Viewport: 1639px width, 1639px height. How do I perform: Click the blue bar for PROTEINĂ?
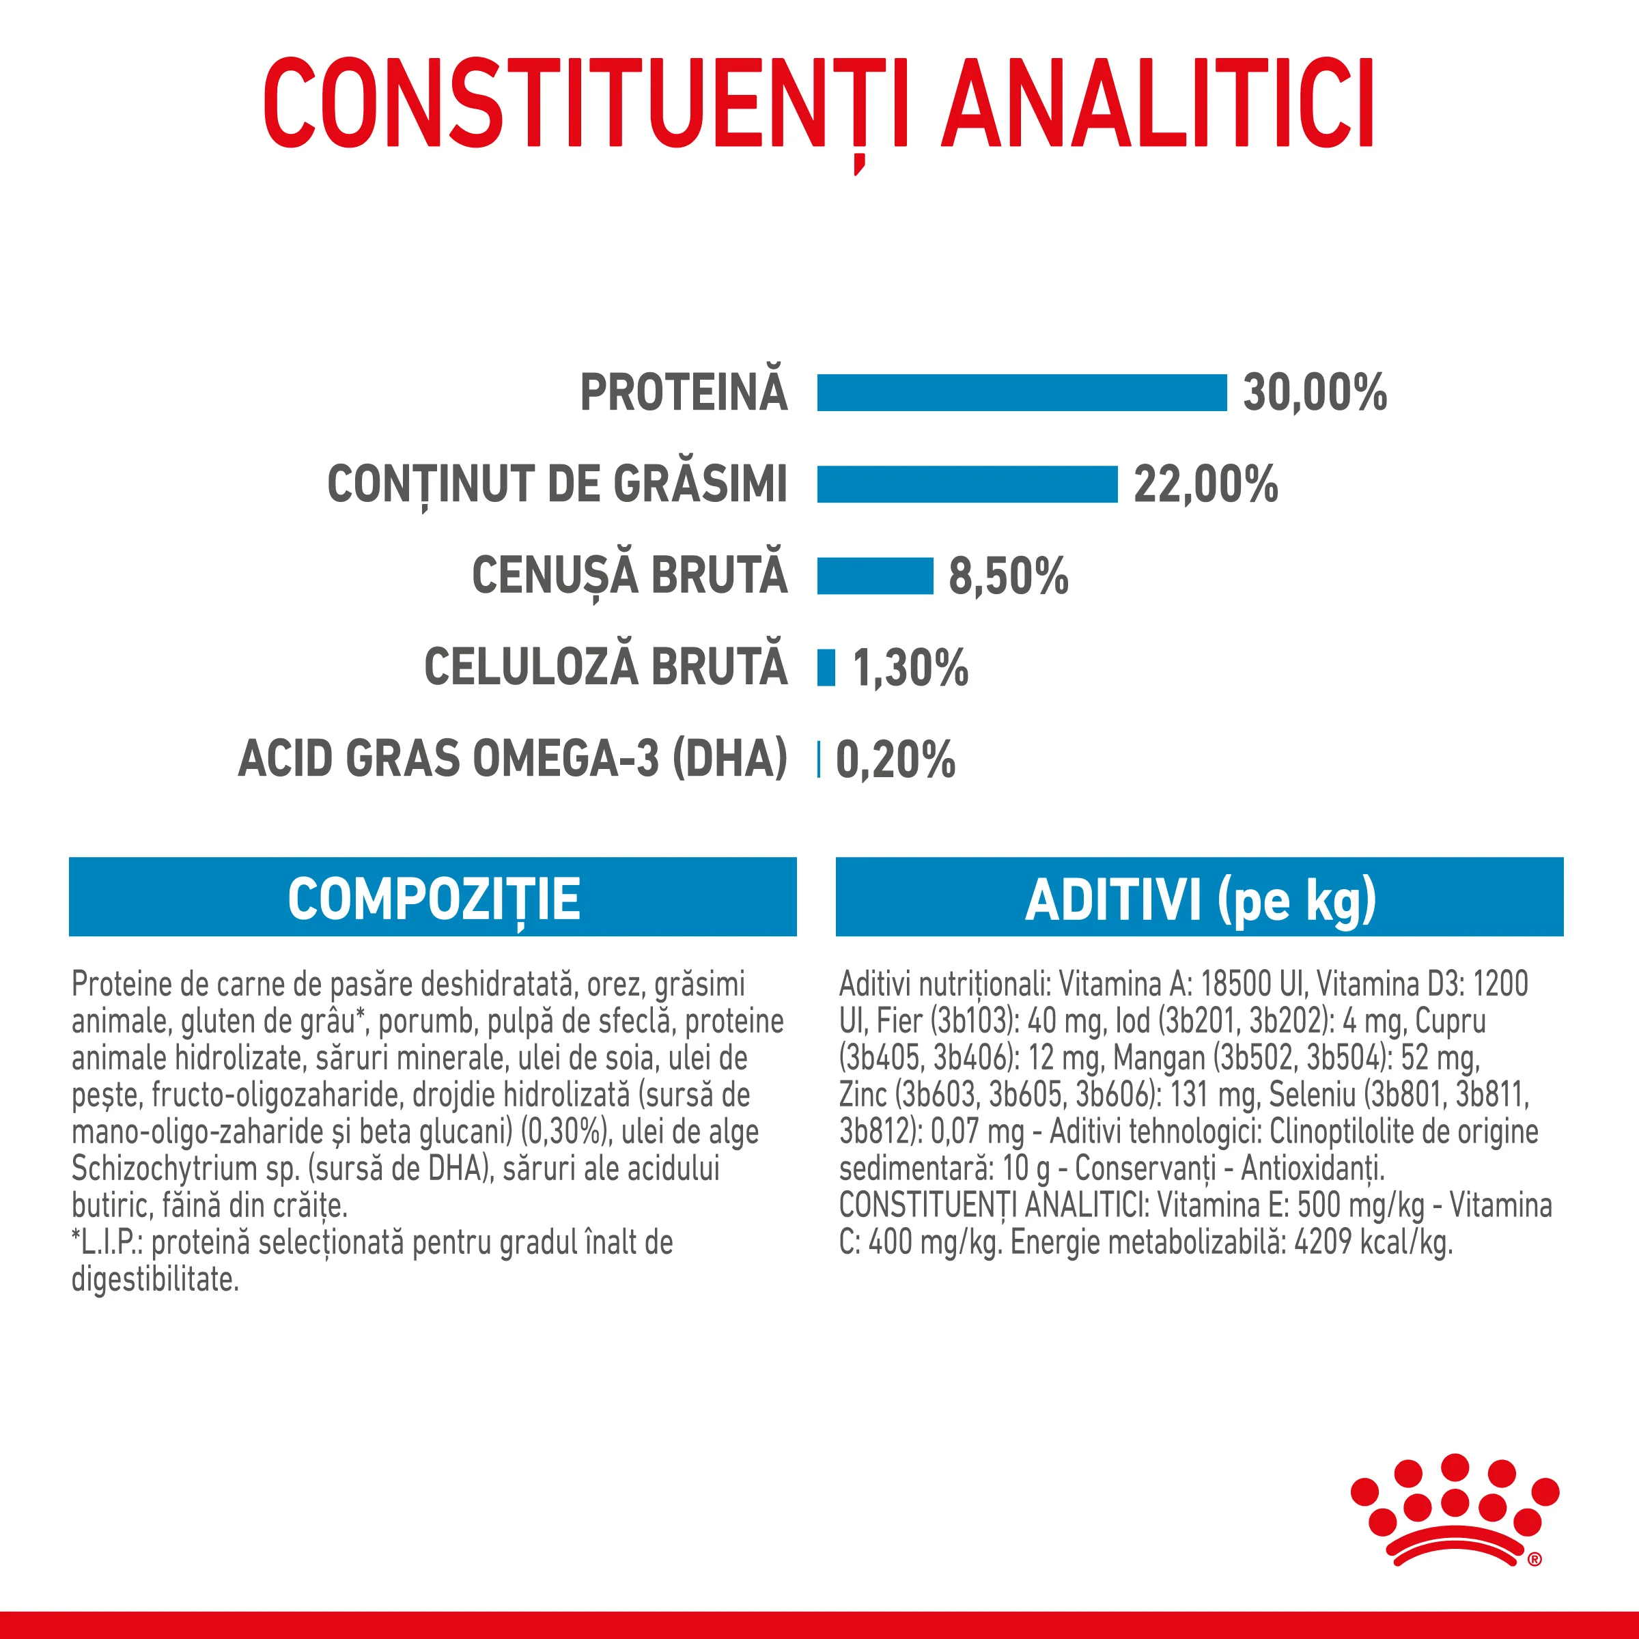click(1022, 393)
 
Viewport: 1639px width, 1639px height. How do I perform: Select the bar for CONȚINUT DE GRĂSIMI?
click(967, 484)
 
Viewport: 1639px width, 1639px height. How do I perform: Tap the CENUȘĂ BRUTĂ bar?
click(875, 576)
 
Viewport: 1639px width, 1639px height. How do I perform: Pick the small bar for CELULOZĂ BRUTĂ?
click(826, 668)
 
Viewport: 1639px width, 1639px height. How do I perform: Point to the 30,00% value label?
click(1314, 393)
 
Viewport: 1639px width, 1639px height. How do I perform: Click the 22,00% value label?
click(1205, 484)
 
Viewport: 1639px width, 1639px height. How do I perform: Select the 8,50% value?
click(1008, 576)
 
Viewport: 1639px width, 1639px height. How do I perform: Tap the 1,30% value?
click(910, 668)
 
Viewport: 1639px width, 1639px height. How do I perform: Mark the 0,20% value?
click(895, 759)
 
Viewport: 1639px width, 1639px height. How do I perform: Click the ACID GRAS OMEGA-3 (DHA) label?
click(514, 759)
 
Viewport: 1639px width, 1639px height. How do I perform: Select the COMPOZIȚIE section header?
click(433, 899)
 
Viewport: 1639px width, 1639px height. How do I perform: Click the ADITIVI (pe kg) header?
click(1200, 899)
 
